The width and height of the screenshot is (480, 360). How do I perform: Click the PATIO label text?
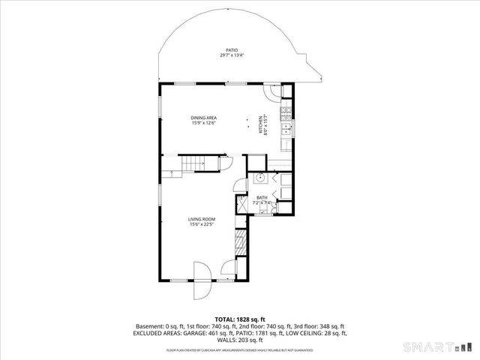pyautogui.click(x=232, y=50)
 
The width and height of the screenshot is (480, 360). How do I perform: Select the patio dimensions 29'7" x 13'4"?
pyautogui.click(x=232, y=55)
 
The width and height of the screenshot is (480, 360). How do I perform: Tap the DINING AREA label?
pyautogui.click(x=203, y=118)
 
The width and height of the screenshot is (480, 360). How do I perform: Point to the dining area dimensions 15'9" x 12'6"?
pyautogui.click(x=203, y=123)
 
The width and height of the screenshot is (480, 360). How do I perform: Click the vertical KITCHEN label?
pyautogui.click(x=262, y=124)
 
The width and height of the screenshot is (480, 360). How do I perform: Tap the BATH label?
pyautogui.click(x=262, y=197)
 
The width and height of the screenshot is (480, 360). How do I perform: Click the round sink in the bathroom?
pyautogui.click(x=259, y=178)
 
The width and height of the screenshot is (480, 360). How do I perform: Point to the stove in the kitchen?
pyautogui.click(x=286, y=115)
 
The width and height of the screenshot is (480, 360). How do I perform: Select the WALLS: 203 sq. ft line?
pyautogui.click(x=240, y=339)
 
